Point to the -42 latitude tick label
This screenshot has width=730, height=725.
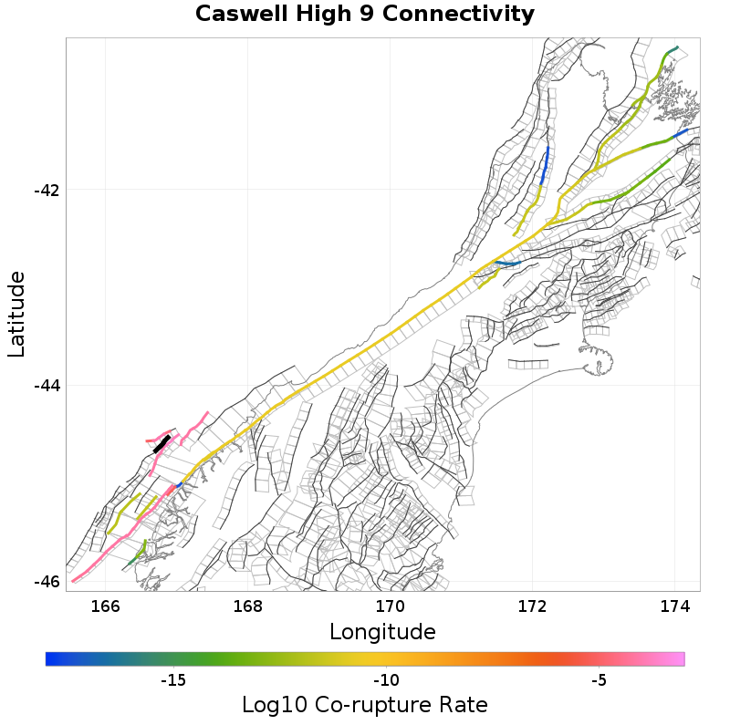pos(47,191)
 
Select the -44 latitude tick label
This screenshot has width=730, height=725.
pos(47,386)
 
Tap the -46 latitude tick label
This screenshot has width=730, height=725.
pos(47,582)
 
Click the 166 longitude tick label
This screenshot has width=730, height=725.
pos(106,606)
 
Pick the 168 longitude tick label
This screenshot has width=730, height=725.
pos(248,606)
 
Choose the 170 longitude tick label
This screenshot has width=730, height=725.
pos(391,606)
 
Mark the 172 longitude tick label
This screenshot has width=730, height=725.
pos(532,606)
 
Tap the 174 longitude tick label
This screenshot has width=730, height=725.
pos(674,606)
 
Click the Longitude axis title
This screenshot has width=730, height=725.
pos(382,631)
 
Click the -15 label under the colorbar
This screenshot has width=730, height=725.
pos(173,680)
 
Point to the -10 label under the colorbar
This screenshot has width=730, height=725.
pos(386,680)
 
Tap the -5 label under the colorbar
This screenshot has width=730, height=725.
pos(599,680)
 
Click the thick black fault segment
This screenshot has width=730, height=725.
pos(162,444)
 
